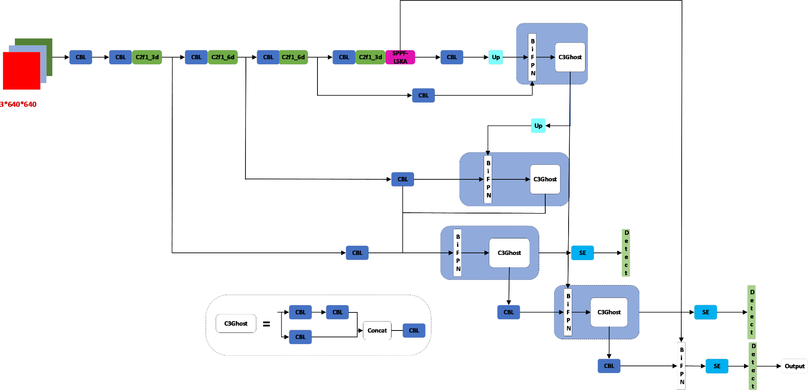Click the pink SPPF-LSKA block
tap(400, 57)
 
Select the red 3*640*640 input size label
tap(18, 105)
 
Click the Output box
tap(794, 366)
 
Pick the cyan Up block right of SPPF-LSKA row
tap(496, 57)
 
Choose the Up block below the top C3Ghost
tap(538, 126)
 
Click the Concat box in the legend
tap(377, 330)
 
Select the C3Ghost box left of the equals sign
tap(236, 324)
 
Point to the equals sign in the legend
tap(266, 324)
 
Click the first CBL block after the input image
tap(81, 57)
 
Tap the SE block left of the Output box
tap(717, 366)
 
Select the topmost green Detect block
tap(626, 253)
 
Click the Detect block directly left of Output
tap(753, 366)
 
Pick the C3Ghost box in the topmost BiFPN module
tap(570, 57)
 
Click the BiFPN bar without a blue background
tap(682, 366)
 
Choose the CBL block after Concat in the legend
tap(414, 330)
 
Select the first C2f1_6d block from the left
tap(223, 57)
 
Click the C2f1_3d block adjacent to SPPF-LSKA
tap(370, 57)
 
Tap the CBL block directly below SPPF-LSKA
tap(423, 95)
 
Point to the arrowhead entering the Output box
tap(779, 366)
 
